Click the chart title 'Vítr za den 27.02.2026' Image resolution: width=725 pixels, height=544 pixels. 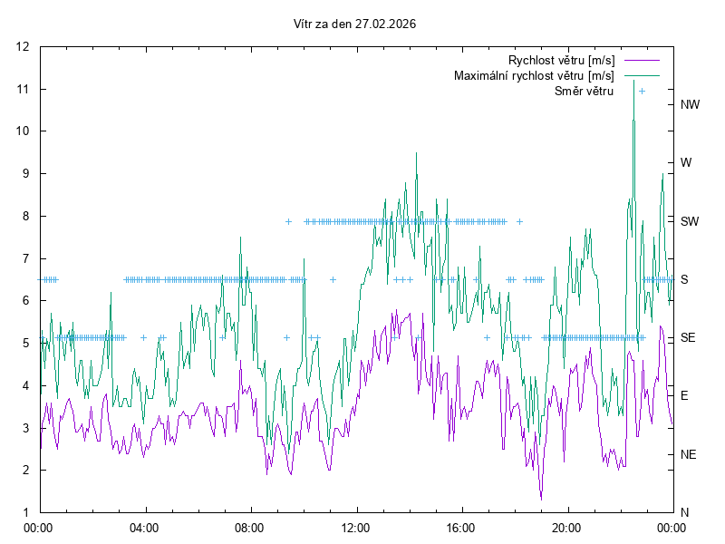click(355, 24)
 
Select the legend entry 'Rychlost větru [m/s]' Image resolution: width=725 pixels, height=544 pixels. click(561, 60)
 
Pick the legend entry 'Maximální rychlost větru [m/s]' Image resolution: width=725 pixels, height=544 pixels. click(534, 75)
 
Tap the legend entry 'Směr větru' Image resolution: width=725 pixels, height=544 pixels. click(584, 91)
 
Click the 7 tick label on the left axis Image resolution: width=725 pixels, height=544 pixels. click(26, 258)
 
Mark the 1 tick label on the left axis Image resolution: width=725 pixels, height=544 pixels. click(26, 512)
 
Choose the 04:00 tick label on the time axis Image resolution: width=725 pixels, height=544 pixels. click(144, 527)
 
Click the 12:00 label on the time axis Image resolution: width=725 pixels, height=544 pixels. click(356, 527)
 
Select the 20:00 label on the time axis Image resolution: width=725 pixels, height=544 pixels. click(567, 527)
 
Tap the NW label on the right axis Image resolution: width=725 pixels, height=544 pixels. click(691, 104)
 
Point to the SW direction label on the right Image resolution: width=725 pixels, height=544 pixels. click(690, 221)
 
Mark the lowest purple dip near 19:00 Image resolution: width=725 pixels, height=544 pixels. click(541, 499)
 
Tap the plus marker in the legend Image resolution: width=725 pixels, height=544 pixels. click(642, 91)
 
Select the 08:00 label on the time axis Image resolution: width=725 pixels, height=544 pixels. click(250, 527)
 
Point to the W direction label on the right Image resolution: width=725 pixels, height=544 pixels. click(686, 163)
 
